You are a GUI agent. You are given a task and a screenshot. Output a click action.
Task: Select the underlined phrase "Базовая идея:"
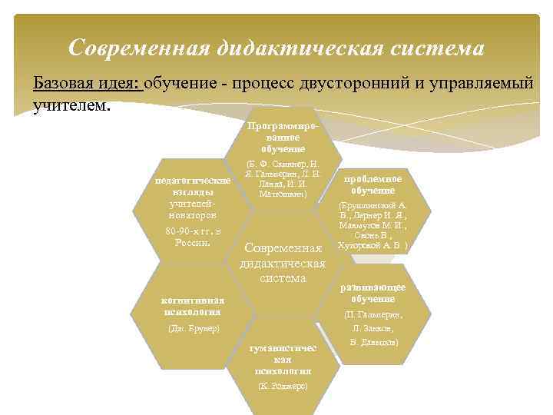tap(87, 83)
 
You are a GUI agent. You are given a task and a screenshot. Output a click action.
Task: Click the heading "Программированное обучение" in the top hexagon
tap(283, 136)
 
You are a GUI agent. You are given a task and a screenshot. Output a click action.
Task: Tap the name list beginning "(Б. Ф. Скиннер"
tap(282, 179)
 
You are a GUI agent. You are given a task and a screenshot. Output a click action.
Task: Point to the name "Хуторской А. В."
tap(373, 246)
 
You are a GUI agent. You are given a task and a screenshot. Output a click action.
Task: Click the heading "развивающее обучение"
tap(373, 292)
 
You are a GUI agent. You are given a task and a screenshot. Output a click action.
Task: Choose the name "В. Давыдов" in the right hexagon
tap(373, 341)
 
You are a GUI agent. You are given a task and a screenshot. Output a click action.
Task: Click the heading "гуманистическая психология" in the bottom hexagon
tap(283, 360)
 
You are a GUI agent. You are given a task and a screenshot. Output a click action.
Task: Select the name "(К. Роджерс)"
tap(283, 385)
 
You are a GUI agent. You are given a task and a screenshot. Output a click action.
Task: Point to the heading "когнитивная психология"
tap(193, 306)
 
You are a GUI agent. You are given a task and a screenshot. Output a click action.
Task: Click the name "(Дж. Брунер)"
tap(193, 329)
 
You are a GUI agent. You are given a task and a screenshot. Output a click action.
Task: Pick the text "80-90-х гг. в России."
tap(193, 236)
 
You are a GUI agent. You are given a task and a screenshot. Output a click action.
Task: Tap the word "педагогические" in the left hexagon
tap(193, 179)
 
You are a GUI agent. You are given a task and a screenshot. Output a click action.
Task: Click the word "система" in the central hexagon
tap(283, 277)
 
